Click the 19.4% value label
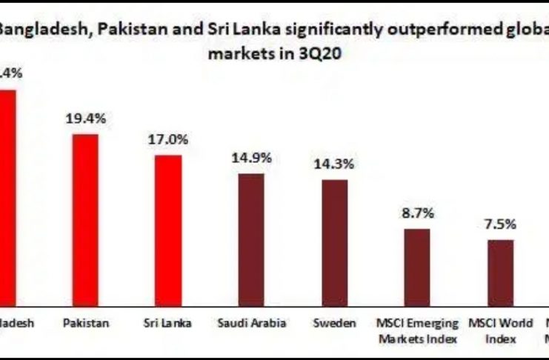[x=86, y=118]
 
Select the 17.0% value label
[x=168, y=139]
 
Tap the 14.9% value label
[x=251, y=157]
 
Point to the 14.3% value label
[x=334, y=164]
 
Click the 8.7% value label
[x=417, y=213]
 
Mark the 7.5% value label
[x=500, y=224]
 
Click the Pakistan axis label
[x=86, y=324]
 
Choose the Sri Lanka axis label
[x=168, y=324]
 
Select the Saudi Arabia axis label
[x=252, y=324]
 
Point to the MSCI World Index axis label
[x=500, y=331]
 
